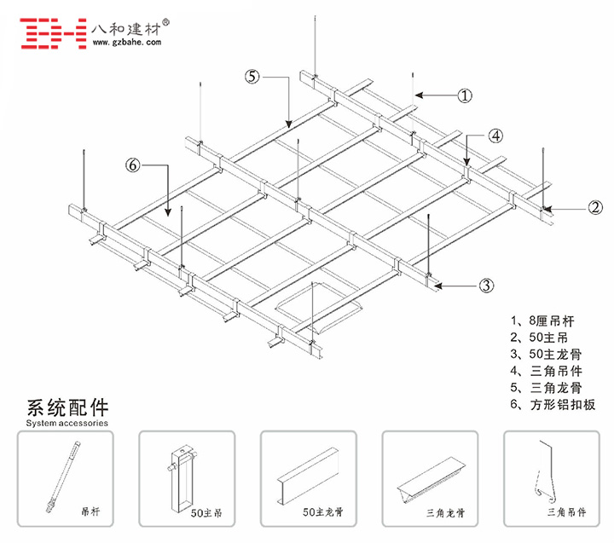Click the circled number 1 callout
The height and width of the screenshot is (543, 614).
tap(465, 95)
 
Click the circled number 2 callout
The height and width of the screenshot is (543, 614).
tap(595, 206)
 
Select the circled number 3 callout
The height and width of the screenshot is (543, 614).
tap(486, 286)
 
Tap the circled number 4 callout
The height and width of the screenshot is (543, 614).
tap(496, 135)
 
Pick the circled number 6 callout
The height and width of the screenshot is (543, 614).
tap(132, 165)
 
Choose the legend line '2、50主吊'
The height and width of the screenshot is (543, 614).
tap(539, 338)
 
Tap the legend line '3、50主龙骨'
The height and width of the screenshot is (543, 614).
tap(544, 355)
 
